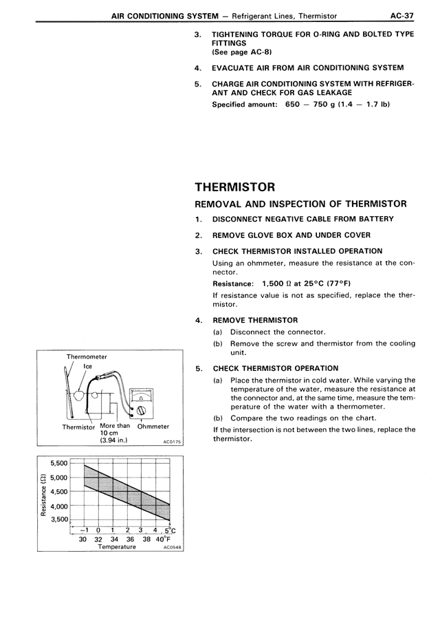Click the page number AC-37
pyautogui.click(x=401, y=14)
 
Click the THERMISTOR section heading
pyautogui.click(x=235, y=186)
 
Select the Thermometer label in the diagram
pyautogui.click(x=87, y=356)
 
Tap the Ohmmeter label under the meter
pyautogui.click(x=153, y=427)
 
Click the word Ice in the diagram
pyautogui.click(x=88, y=367)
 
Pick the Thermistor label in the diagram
pyautogui.click(x=78, y=427)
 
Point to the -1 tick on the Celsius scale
pyautogui.click(x=84, y=530)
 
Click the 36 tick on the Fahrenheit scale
pyautogui.click(x=131, y=539)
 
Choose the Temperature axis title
pyautogui.click(x=116, y=547)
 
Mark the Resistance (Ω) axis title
pyautogui.click(x=44, y=491)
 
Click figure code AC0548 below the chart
pyautogui.click(x=172, y=548)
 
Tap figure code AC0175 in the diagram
pyautogui.click(x=171, y=442)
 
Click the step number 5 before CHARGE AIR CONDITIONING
pyautogui.click(x=198, y=83)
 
